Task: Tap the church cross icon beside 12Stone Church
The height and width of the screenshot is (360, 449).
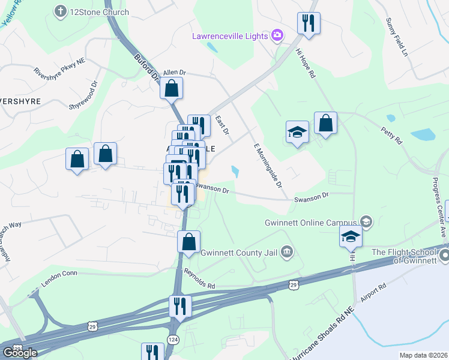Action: pyautogui.click(x=61, y=11)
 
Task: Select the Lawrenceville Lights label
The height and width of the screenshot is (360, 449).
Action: pyautogui.click(x=230, y=36)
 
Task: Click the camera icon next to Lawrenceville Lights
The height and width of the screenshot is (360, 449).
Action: pyautogui.click(x=277, y=35)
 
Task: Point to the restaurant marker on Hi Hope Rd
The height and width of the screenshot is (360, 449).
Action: pyautogui.click(x=309, y=24)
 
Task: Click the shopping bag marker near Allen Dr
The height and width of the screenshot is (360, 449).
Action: pyautogui.click(x=172, y=88)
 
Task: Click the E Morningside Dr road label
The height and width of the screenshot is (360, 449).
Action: pyautogui.click(x=268, y=165)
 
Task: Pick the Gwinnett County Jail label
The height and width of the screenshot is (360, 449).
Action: pyautogui.click(x=240, y=252)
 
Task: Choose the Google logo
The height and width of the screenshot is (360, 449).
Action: pyautogui.click(x=20, y=353)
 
